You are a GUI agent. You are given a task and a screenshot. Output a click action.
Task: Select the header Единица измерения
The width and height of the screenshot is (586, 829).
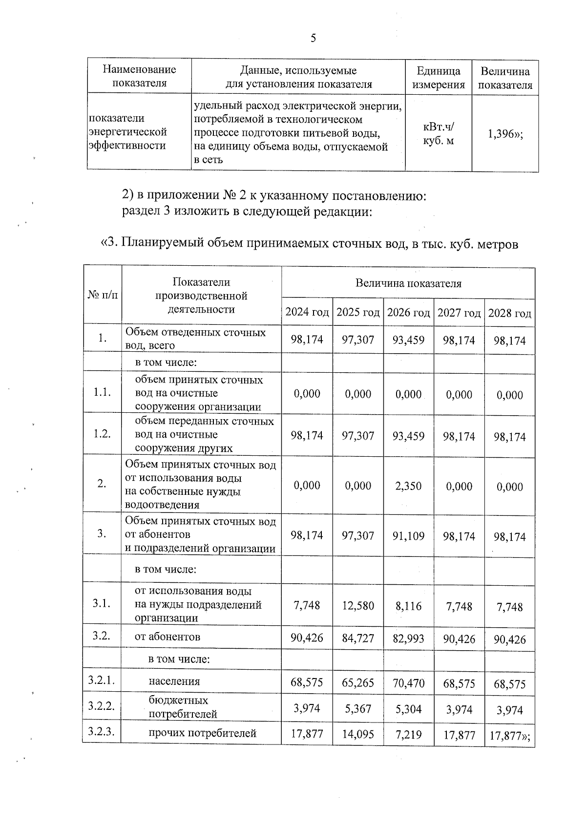point(439,78)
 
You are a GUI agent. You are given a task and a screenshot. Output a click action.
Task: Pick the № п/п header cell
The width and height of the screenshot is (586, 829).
point(103,295)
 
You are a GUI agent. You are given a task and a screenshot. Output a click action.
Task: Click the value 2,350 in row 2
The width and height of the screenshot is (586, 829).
point(408,486)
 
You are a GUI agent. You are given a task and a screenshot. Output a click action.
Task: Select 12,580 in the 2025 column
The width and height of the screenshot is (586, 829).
point(358,606)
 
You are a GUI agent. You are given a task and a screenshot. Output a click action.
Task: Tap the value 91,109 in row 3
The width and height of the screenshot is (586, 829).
point(408,536)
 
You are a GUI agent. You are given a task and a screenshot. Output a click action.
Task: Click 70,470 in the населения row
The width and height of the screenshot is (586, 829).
point(408,683)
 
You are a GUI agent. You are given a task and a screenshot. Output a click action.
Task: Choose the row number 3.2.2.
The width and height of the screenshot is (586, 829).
point(102,705)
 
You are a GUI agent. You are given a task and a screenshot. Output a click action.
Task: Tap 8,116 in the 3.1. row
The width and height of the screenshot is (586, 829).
point(408,606)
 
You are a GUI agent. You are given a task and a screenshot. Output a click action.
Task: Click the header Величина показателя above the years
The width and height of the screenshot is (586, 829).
point(408,283)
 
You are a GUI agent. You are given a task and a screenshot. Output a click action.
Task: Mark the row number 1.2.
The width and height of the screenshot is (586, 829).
point(102,434)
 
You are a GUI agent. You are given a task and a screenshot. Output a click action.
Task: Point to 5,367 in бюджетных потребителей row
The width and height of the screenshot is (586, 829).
point(358,709)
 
